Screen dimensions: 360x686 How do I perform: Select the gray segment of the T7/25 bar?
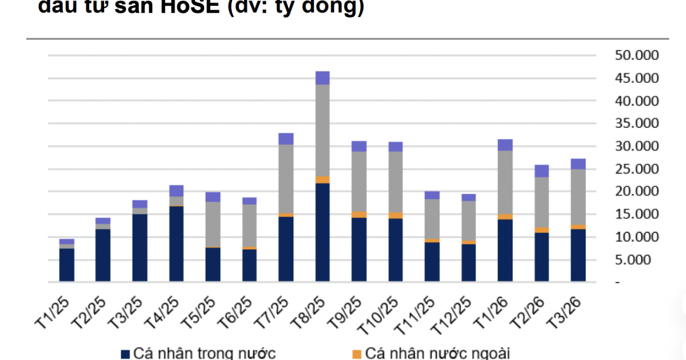tap(286, 179)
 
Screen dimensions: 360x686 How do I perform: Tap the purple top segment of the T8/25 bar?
tap(322, 78)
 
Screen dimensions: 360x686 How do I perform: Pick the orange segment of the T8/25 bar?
tap(322, 180)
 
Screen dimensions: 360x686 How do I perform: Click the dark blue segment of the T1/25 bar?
tap(67, 265)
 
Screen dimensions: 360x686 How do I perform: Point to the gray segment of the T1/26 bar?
tap(505, 182)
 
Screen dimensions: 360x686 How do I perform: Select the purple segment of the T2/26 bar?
tap(541, 171)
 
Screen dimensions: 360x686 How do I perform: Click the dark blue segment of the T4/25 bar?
tap(177, 243)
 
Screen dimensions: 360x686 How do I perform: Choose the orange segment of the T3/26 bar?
tap(578, 227)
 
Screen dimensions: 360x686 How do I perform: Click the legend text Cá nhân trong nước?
tap(205, 353)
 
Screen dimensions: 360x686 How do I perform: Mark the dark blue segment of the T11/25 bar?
tap(432, 262)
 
